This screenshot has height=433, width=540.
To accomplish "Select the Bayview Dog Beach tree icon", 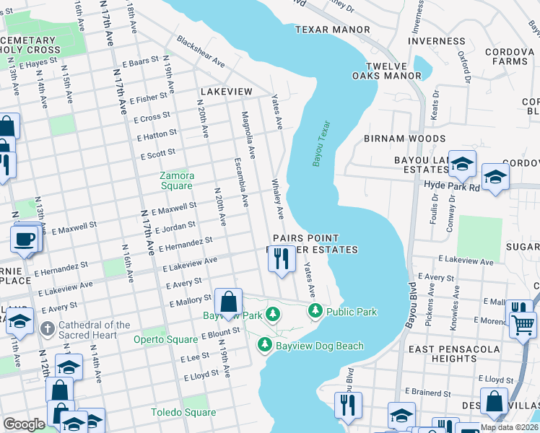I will [265, 346].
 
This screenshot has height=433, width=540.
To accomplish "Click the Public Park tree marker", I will [315, 312].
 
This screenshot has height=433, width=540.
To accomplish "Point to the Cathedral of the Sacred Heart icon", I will [48, 330].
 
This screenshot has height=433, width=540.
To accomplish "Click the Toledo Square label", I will [183, 413].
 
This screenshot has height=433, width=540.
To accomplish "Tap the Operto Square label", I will [165, 339].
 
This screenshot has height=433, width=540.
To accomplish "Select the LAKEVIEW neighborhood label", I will [227, 92].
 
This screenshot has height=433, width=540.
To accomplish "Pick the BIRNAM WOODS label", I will [404, 139].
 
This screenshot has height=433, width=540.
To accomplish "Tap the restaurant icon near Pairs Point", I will [282, 258].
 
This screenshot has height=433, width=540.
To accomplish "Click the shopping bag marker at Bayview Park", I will [228, 302].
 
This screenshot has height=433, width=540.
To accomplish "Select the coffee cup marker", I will [25, 238].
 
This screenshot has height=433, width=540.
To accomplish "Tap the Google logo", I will [24, 424].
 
